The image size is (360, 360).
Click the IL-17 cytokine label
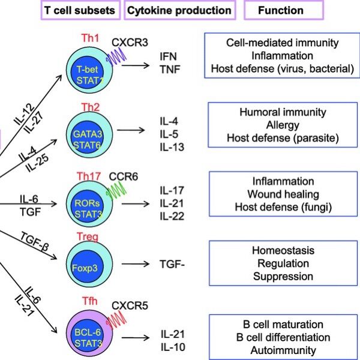click(x=173, y=191)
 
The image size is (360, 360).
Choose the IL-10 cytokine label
click(x=173, y=346)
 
